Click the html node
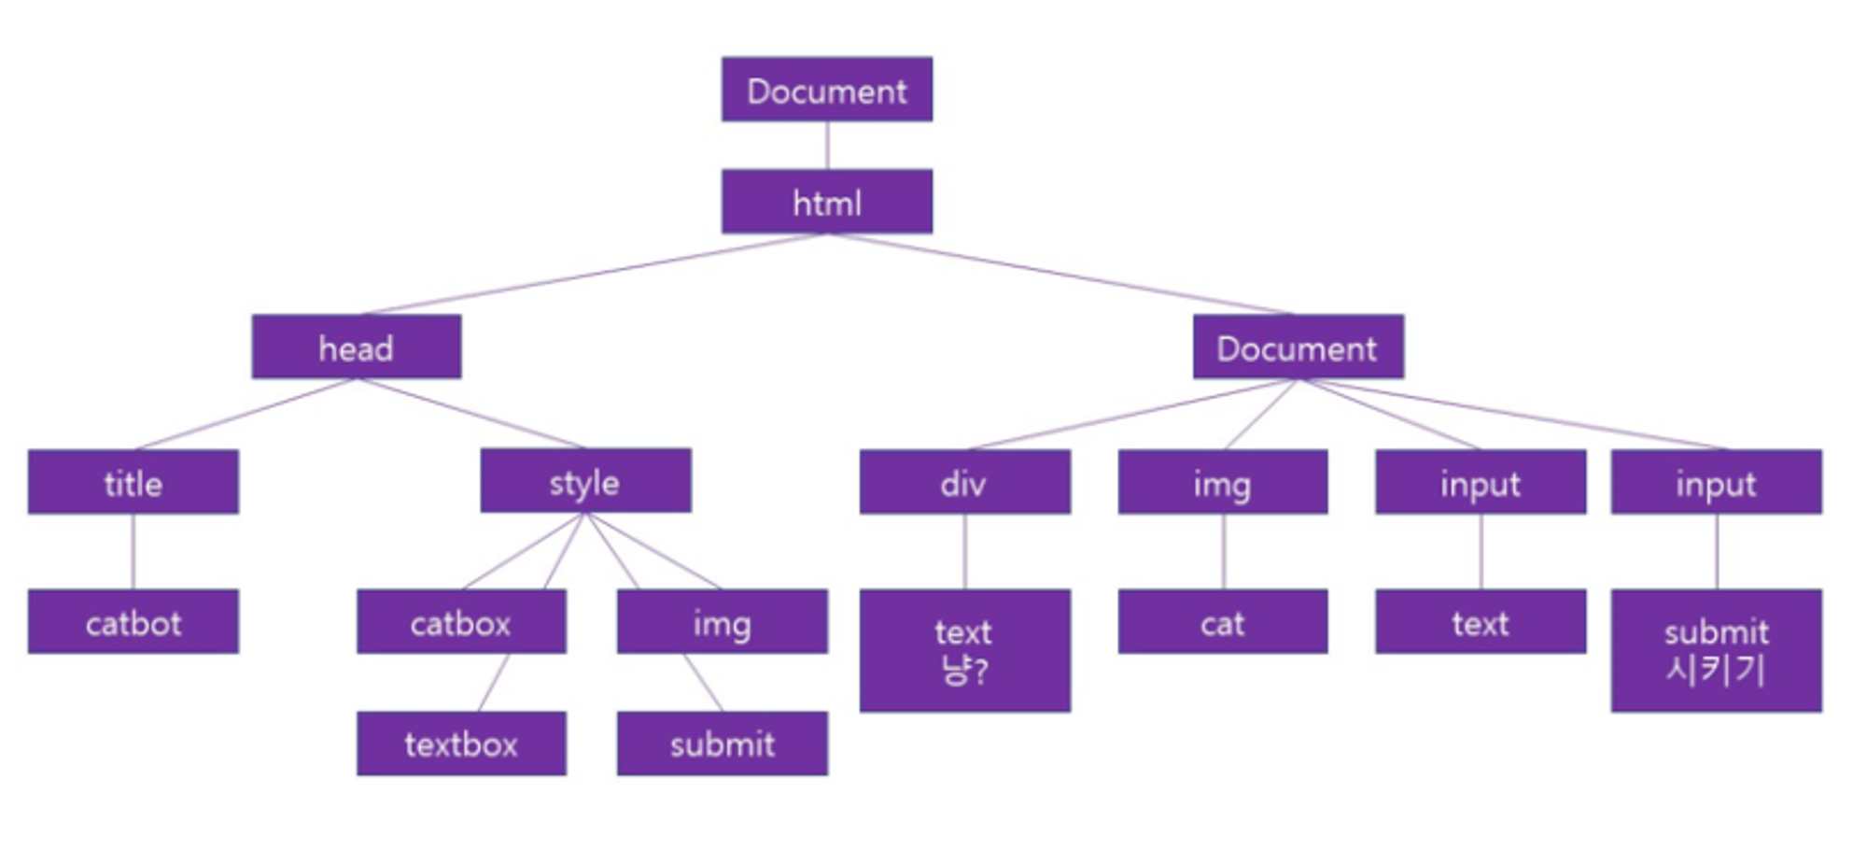826,202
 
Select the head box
356,347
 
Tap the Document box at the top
826,90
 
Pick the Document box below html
1298,347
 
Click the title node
133,482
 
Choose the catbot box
133,622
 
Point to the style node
585,481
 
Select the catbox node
461,622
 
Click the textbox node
461,744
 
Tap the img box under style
722,622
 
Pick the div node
964,482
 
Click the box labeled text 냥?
964,650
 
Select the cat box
1223,622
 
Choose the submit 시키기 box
1716,650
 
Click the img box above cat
1223,482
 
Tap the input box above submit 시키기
1716,482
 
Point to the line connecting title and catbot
133,551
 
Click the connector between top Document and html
826,145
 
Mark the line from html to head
594,273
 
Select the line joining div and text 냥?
964,551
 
